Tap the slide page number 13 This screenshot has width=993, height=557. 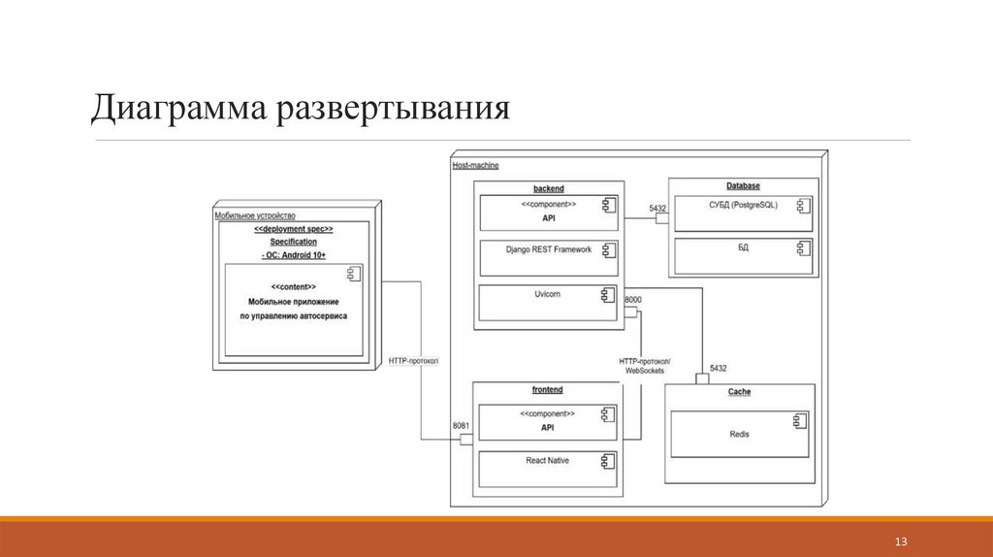pos(900,540)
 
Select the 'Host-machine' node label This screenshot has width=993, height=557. pos(475,165)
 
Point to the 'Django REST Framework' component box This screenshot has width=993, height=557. pos(548,257)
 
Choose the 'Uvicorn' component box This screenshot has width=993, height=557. pos(548,302)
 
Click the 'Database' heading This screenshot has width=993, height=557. pos(743,185)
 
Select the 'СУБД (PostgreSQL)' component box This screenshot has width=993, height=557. pos(743,213)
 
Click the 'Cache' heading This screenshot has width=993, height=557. pos(739,392)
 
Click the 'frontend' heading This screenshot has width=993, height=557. pos(547,389)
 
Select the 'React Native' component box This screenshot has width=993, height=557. pos(548,468)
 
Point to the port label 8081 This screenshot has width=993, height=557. pos(462,425)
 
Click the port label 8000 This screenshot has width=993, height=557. pos(632,300)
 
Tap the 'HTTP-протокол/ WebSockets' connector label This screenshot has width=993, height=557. pos(645,366)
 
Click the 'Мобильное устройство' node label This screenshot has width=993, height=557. pos(255,215)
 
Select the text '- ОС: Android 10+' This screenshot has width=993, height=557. pos(293,254)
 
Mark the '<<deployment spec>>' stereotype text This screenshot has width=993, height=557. pos(293,229)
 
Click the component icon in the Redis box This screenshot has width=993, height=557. pos(801,421)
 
